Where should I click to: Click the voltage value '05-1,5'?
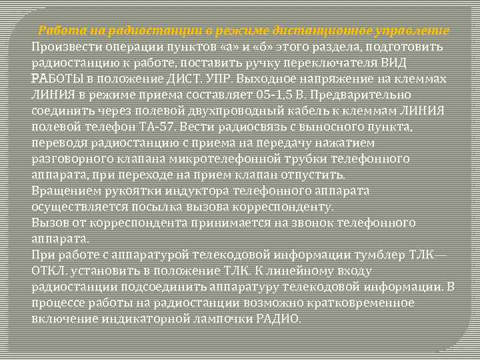tap(253, 95)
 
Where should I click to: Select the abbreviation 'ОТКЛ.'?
tap(49, 271)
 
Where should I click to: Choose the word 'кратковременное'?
tap(365, 303)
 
